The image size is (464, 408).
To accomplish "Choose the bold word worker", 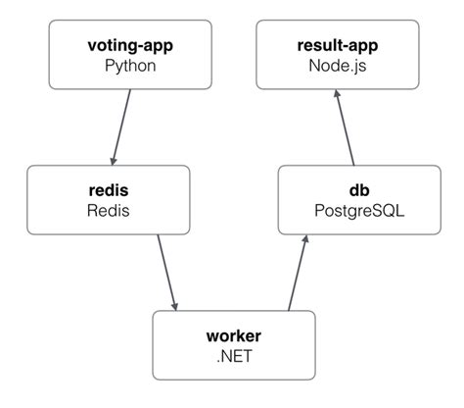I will pyautogui.click(x=235, y=335).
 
